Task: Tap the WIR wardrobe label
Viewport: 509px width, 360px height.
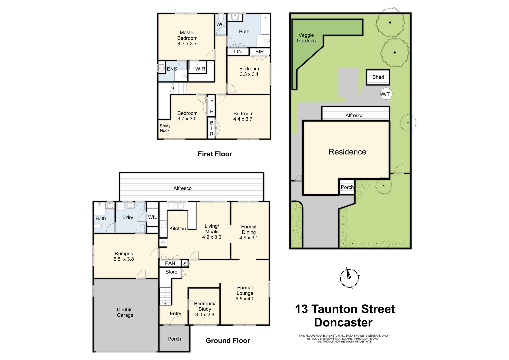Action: tap(200, 69)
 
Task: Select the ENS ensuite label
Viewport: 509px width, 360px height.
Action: tap(172, 69)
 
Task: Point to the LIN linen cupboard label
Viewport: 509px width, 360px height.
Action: tap(238, 52)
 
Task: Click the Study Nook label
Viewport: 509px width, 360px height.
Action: tap(165, 128)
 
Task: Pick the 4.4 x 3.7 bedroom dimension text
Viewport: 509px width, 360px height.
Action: tap(243, 119)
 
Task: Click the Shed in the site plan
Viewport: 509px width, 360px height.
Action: tap(378, 77)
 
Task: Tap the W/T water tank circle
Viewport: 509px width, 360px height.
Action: tap(385, 94)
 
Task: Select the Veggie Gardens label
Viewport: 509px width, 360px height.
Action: tap(306, 38)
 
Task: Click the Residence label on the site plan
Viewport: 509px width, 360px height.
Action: tap(347, 152)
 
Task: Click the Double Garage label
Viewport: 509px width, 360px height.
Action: tap(125, 312)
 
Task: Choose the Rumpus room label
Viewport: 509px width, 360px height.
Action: tap(124, 254)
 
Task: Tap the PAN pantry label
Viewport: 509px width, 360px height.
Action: tap(170, 263)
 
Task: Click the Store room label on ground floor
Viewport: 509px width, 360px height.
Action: tap(171, 272)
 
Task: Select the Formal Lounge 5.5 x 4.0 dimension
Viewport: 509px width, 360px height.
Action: tap(245, 299)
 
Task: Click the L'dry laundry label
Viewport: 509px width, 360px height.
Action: tap(128, 217)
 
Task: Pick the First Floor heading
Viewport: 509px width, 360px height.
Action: tap(215, 154)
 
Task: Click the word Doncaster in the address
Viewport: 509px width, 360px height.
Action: tap(343, 323)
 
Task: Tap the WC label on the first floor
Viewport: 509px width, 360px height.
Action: tap(220, 24)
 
